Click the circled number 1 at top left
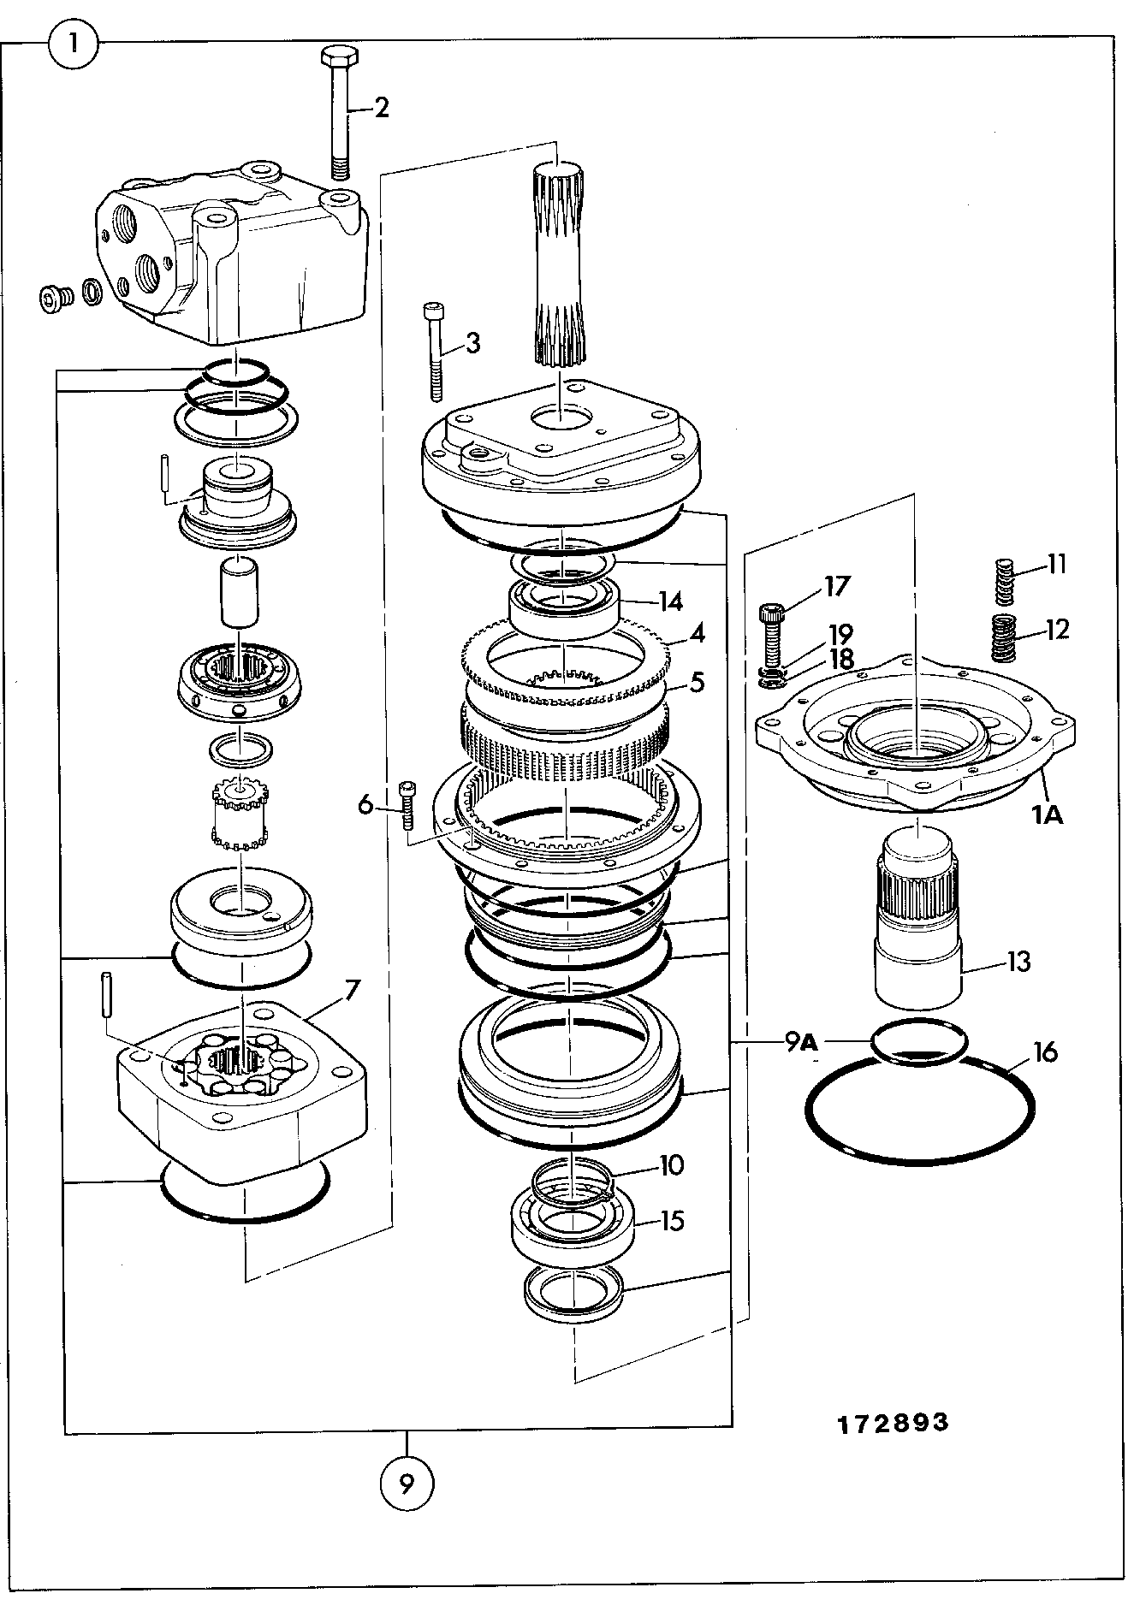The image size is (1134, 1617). (x=74, y=42)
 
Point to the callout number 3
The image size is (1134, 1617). (x=472, y=344)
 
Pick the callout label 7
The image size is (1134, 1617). (x=352, y=991)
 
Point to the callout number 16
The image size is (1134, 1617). (x=1045, y=1051)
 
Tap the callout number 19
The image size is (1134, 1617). (x=840, y=635)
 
